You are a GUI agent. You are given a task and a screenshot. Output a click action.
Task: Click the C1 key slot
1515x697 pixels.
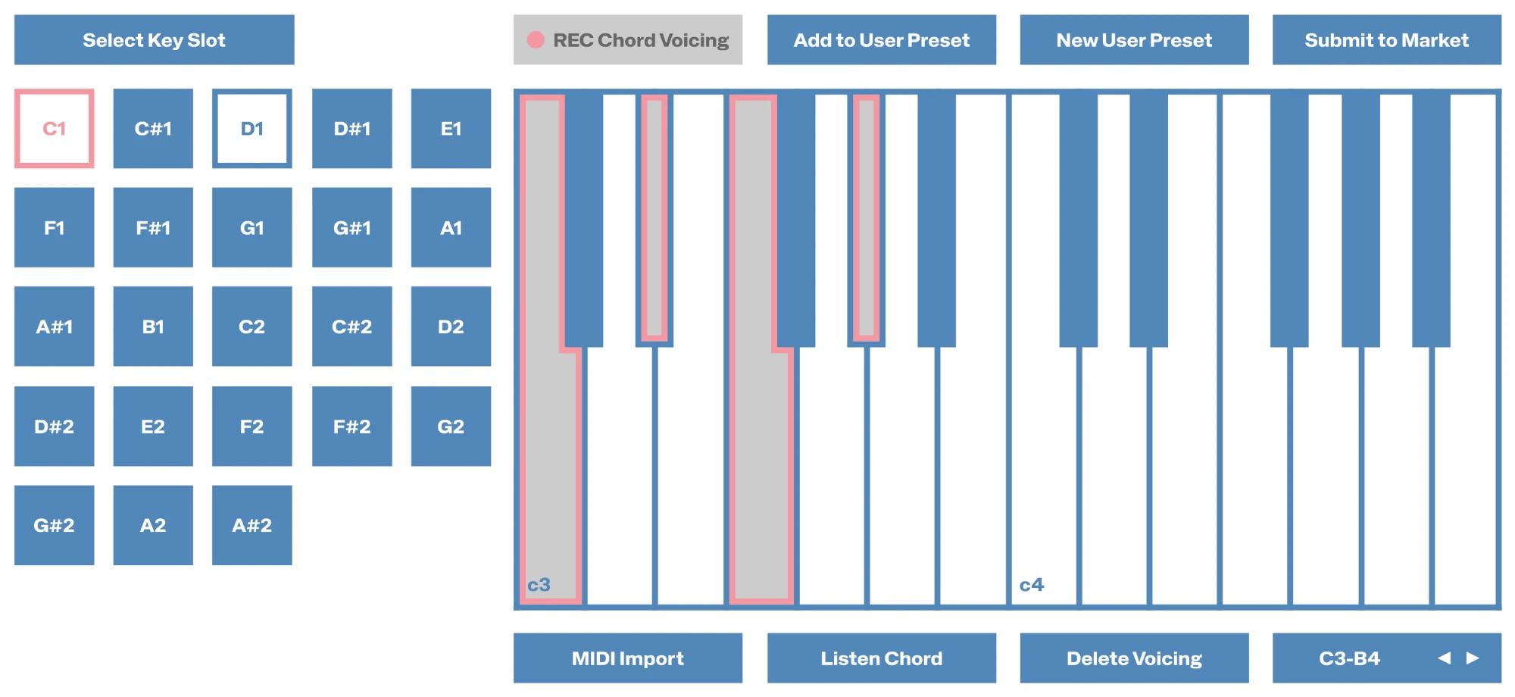point(55,129)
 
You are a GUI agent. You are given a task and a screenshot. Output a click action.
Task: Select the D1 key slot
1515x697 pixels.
point(252,129)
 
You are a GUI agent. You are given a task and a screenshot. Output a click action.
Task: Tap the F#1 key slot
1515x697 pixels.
point(153,227)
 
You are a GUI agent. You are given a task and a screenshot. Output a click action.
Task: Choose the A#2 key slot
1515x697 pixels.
point(252,525)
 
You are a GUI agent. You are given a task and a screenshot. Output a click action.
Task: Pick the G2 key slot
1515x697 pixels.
point(451,427)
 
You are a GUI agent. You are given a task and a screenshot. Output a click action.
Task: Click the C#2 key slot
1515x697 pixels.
point(352,327)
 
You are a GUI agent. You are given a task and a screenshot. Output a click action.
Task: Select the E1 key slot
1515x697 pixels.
point(451,129)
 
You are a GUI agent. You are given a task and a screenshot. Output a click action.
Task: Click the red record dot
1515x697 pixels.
point(536,40)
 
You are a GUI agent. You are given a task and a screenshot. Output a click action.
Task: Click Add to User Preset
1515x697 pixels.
point(882,40)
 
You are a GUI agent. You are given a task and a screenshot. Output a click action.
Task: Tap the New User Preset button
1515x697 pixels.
point(1134,40)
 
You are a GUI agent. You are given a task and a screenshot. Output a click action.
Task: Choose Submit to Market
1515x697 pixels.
point(1387,40)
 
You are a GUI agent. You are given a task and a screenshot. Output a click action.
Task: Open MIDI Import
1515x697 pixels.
point(628,658)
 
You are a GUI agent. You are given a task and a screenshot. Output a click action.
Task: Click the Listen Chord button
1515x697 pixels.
point(882,658)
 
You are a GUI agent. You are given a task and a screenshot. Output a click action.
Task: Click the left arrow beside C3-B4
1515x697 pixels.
point(1445,658)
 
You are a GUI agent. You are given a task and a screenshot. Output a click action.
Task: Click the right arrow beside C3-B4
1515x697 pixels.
point(1473,658)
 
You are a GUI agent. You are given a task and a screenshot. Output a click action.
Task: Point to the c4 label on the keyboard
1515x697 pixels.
point(1032,585)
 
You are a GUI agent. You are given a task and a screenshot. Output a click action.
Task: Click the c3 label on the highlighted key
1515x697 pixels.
point(539,585)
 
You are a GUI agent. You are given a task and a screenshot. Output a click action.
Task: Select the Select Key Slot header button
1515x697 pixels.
point(155,40)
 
